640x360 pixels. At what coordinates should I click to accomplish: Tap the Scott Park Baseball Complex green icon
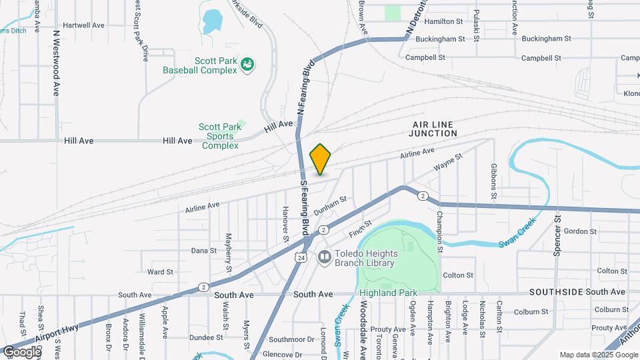click(248, 64)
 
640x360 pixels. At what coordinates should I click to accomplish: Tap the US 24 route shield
click(302, 257)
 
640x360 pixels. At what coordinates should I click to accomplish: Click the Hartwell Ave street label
click(85, 25)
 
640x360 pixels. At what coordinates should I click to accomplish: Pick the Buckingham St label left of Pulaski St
click(439, 39)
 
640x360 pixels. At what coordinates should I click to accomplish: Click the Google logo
click(22, 351)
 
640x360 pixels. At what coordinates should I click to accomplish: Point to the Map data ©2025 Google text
click(597, 355)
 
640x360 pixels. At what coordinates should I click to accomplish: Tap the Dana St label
click(204, 251)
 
